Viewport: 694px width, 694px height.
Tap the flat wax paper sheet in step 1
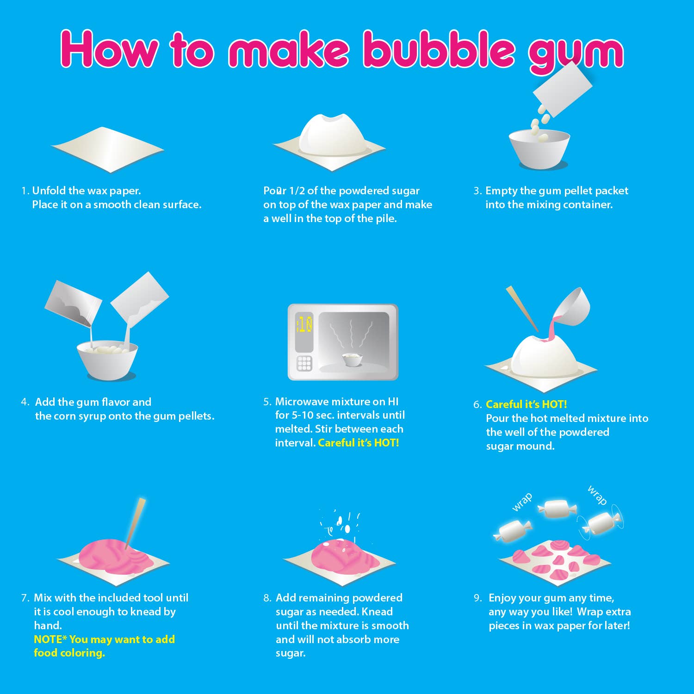pyautogui.click(x=107, y=149)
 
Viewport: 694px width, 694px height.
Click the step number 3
pyautogui.click(x=477, y=191)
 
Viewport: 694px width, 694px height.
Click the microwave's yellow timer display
pyautogui.click(x=304, y=325)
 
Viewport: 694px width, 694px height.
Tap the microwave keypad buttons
pyautogui.click(x=304, y=364)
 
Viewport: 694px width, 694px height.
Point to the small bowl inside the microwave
pyautogui.click(x=353, y=359)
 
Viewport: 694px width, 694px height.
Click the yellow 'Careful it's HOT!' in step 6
pyautogui.click(x=526, y=404)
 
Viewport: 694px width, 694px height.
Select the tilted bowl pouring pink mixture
pyautogui.click(x=573, y=308)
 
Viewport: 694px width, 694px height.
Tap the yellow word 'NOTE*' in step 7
pyautogui.click(x=50, y=639)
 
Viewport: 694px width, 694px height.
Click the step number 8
pyautogui.click(x=267, y=598)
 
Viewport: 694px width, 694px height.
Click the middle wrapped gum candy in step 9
pyautogui.click(x=557, y=508)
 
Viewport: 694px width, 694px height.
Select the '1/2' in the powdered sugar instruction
pyautogui.click(x=297, y=191)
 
